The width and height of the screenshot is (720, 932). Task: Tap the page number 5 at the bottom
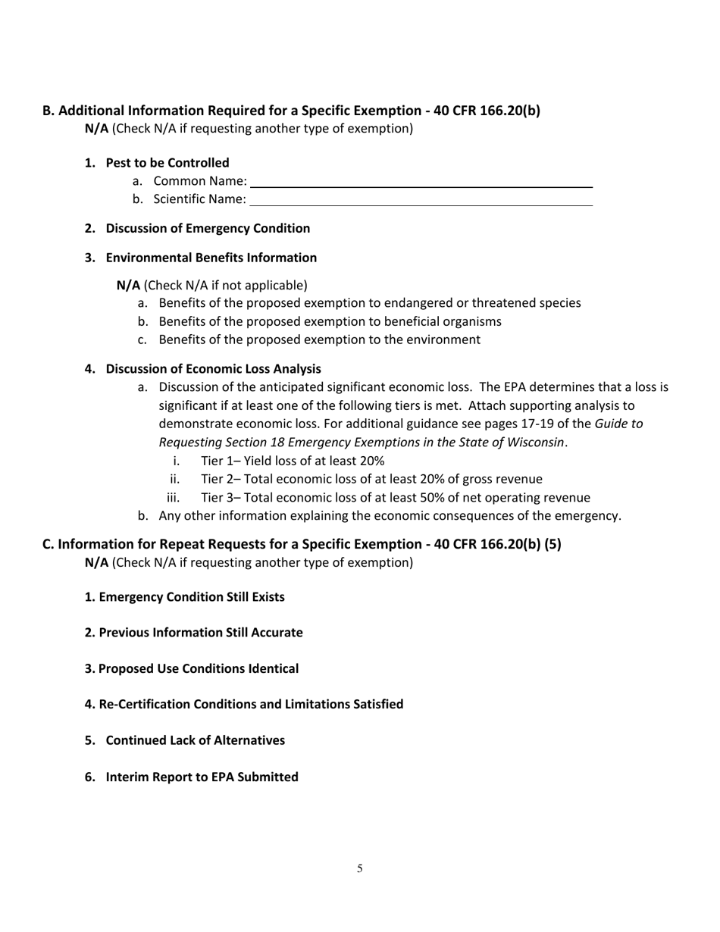pos(360,868)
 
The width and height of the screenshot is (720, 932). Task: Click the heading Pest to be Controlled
pos(167,163)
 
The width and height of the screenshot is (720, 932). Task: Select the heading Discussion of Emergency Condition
pos(208,228)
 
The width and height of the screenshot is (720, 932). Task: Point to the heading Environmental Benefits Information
pos(211,258)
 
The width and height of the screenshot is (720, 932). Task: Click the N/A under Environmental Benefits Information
pos(128,286)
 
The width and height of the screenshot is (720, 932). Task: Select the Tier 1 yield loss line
pos(293,461)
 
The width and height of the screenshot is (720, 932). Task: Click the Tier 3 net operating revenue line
pos(395,498)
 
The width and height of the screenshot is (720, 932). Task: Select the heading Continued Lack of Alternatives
pos(195,740)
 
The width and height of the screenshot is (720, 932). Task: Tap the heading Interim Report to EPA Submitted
pos(202,777)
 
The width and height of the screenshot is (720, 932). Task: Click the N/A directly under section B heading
pos(96,129)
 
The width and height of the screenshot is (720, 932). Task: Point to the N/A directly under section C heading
pos(96,563)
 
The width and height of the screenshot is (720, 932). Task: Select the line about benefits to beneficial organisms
pos(330,321)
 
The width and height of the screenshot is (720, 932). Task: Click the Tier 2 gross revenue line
pos(371,479)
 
